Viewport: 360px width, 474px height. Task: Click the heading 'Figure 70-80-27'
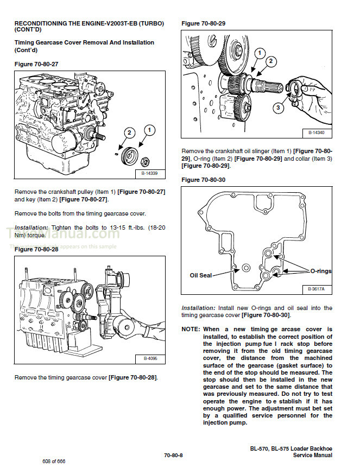pyautogui.click(x=36, y=64)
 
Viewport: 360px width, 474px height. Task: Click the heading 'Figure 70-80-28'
pyautogui.click(x=36, y=249)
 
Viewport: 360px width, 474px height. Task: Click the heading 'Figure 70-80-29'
pyautogui.click(x=203, y=24)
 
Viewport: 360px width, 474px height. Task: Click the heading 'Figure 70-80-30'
pyautogui.click(x=203, y=180)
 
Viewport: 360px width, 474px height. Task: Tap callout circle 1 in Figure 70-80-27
pyautogui.click(x=149, y=130)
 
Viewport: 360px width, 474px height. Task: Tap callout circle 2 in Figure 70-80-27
pyautogui.click(x=129, y=132)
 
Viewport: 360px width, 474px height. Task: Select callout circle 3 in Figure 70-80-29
pyautogui.click(x=277, y=108)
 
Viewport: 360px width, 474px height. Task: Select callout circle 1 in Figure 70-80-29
pyautogui.click(x=260, y=53)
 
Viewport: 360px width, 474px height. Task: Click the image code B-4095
pyautogui.click(x=150, y=359)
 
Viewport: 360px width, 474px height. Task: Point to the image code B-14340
pyautogui.click(x=315, y=132)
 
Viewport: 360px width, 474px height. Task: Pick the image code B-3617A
pyautogui.click(x=315, y=289)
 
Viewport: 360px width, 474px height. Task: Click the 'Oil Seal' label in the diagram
pyautogui.click(x=200, y=275)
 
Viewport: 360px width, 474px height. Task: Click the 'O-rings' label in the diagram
pyautogui.click(x=320, y=271)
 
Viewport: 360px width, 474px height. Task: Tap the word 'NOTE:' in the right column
pyautogui.click(x=191, y=329)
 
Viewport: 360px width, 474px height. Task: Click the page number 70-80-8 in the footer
pyautogui.click(x=174, y=455)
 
